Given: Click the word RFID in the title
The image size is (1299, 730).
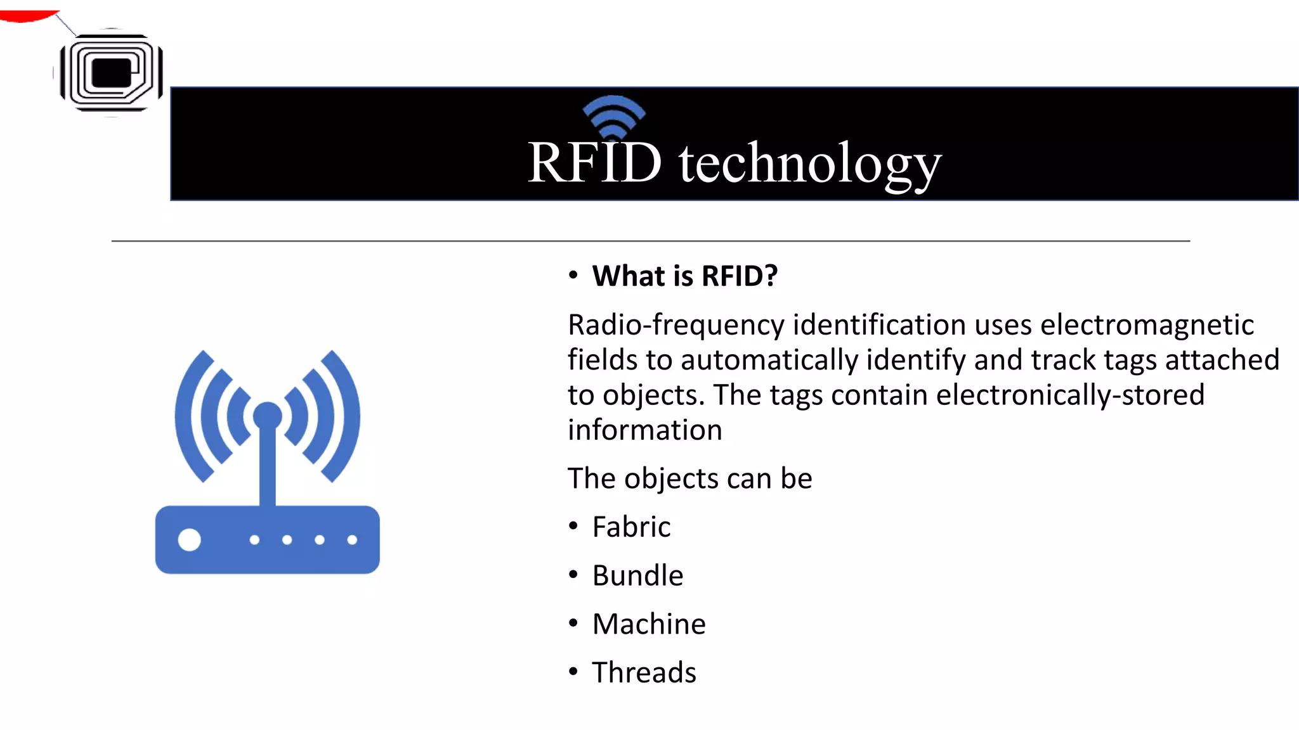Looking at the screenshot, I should click(x=594, y=163).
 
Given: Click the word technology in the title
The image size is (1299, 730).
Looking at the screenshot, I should click(x=809, y=164).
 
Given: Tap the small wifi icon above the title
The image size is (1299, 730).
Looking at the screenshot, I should click(x=613, y=116).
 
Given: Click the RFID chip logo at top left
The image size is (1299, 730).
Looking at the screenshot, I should click(x=111, y=73).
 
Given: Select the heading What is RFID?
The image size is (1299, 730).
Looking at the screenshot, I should click(x=684, y=276).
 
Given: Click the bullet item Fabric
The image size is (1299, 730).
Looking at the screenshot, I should click(x=631, y=527).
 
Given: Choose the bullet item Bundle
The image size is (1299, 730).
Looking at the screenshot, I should click(x=637, y=576).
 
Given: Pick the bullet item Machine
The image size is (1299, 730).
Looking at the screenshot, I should click(x=649, y=624).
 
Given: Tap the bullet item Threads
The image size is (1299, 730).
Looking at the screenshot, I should click(x=644, y=673).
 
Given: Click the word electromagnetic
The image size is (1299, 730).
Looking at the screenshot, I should click(x=1147, y=325).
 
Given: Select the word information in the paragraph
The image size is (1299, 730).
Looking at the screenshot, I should click(x=644, y=430).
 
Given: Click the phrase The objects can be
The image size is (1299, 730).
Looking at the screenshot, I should click(x=689, y=478).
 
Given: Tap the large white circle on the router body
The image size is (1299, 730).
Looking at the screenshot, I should click(x=189, y=540).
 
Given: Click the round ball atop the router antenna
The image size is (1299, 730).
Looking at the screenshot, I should click(x=267, y=416).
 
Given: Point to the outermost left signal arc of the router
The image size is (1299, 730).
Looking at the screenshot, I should click(x=187, y=415).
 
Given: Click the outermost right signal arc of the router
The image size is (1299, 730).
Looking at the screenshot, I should click(x=348, y=415).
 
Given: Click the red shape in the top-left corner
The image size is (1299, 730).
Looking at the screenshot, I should click(x=25, y=15).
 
